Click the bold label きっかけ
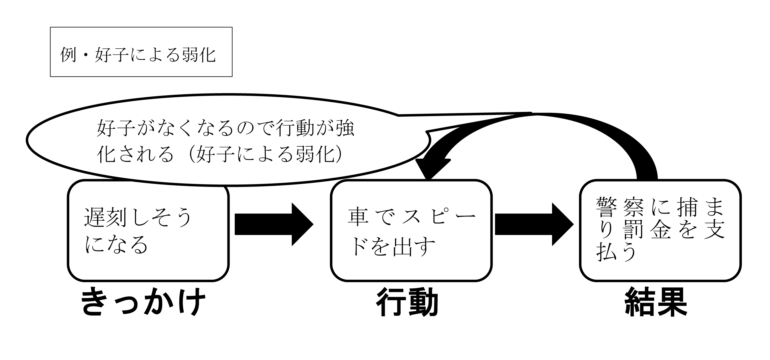coord(143,301)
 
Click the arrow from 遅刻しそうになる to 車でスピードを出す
coord(273,224)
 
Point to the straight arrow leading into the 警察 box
coord(534,224)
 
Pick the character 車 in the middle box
coord(358,216)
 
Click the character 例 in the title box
coord(68,55)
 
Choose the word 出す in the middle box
coord(414,247)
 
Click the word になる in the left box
coord(116,244)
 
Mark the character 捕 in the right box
coord(688,207)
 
